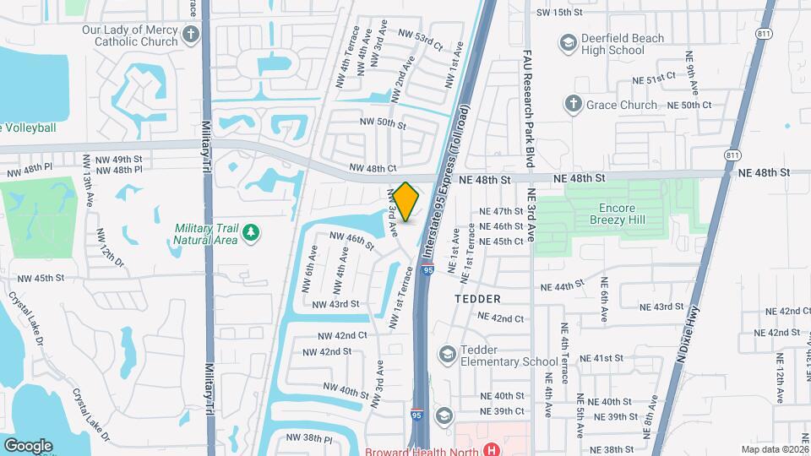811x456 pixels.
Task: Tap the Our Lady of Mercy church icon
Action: pos(191,35)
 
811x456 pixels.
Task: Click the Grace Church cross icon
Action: pos(573,104)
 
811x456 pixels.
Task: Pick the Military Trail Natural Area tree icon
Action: pos(249,231)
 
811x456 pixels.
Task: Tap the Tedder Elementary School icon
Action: pos(445,354)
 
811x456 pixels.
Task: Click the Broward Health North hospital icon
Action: pos(490,451)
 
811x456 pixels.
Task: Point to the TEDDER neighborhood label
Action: pos(477,299)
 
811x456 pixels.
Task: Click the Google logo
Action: pos(28,444)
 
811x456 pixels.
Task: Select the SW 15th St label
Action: pos(560,13)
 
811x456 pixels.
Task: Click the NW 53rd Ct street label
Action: pos(420,40)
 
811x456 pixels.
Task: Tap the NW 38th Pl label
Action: pos(309,438)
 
